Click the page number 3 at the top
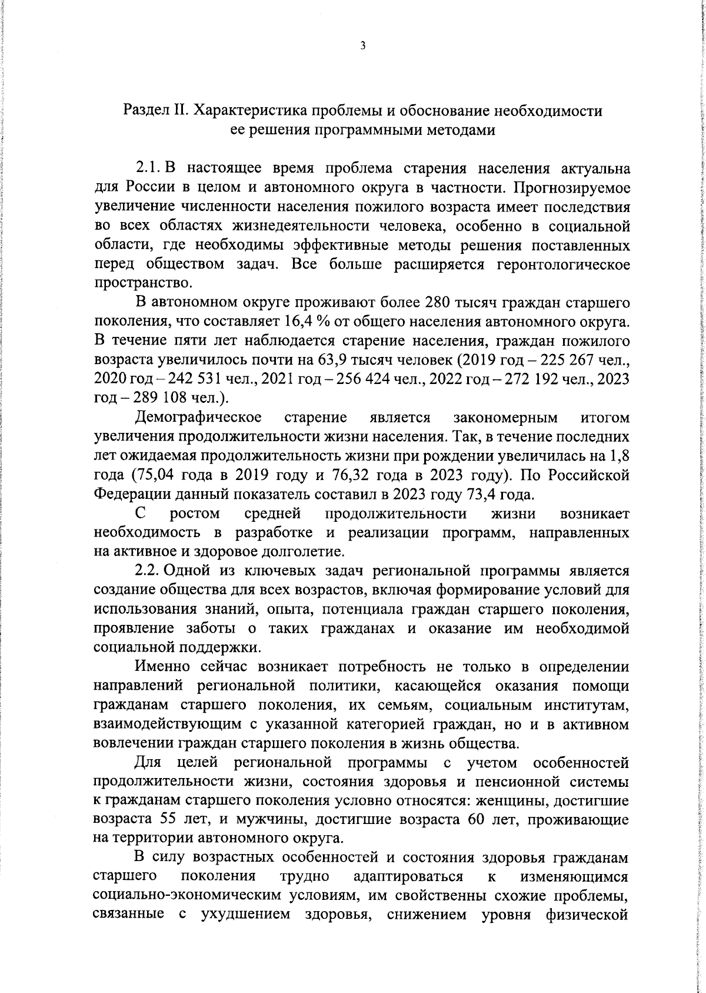(x=362, y=45)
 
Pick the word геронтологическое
(x=563, y=264)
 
